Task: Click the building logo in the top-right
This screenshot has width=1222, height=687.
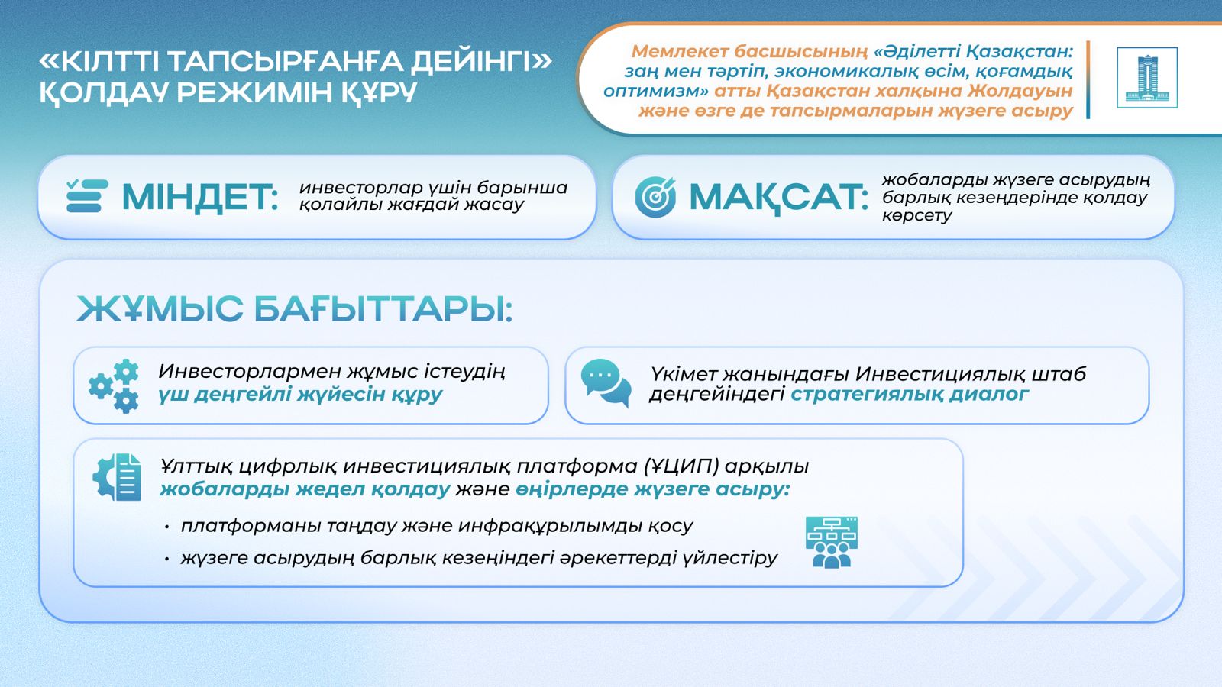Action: pos(1146,78)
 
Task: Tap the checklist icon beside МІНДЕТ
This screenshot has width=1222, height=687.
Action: pos(86,196)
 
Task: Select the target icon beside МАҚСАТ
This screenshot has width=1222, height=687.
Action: pos(655,197)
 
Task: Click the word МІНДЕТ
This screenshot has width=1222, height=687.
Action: pos(199,197)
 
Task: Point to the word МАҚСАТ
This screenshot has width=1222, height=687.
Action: pos(777,197)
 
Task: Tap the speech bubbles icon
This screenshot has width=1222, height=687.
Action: pos(606,382)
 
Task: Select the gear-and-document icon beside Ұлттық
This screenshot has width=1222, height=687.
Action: pos(117,477)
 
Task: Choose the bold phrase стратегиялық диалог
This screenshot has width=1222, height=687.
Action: pos(909,395)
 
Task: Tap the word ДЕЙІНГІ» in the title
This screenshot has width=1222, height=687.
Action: pos(481,62)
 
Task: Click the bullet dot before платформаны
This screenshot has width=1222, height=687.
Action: pos(166,527)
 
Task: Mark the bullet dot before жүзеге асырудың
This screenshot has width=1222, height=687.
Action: pos(166,560)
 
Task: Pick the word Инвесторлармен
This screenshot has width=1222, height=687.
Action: pos(250,372)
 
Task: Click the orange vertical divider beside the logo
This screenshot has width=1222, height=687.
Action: pos(1088,79)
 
